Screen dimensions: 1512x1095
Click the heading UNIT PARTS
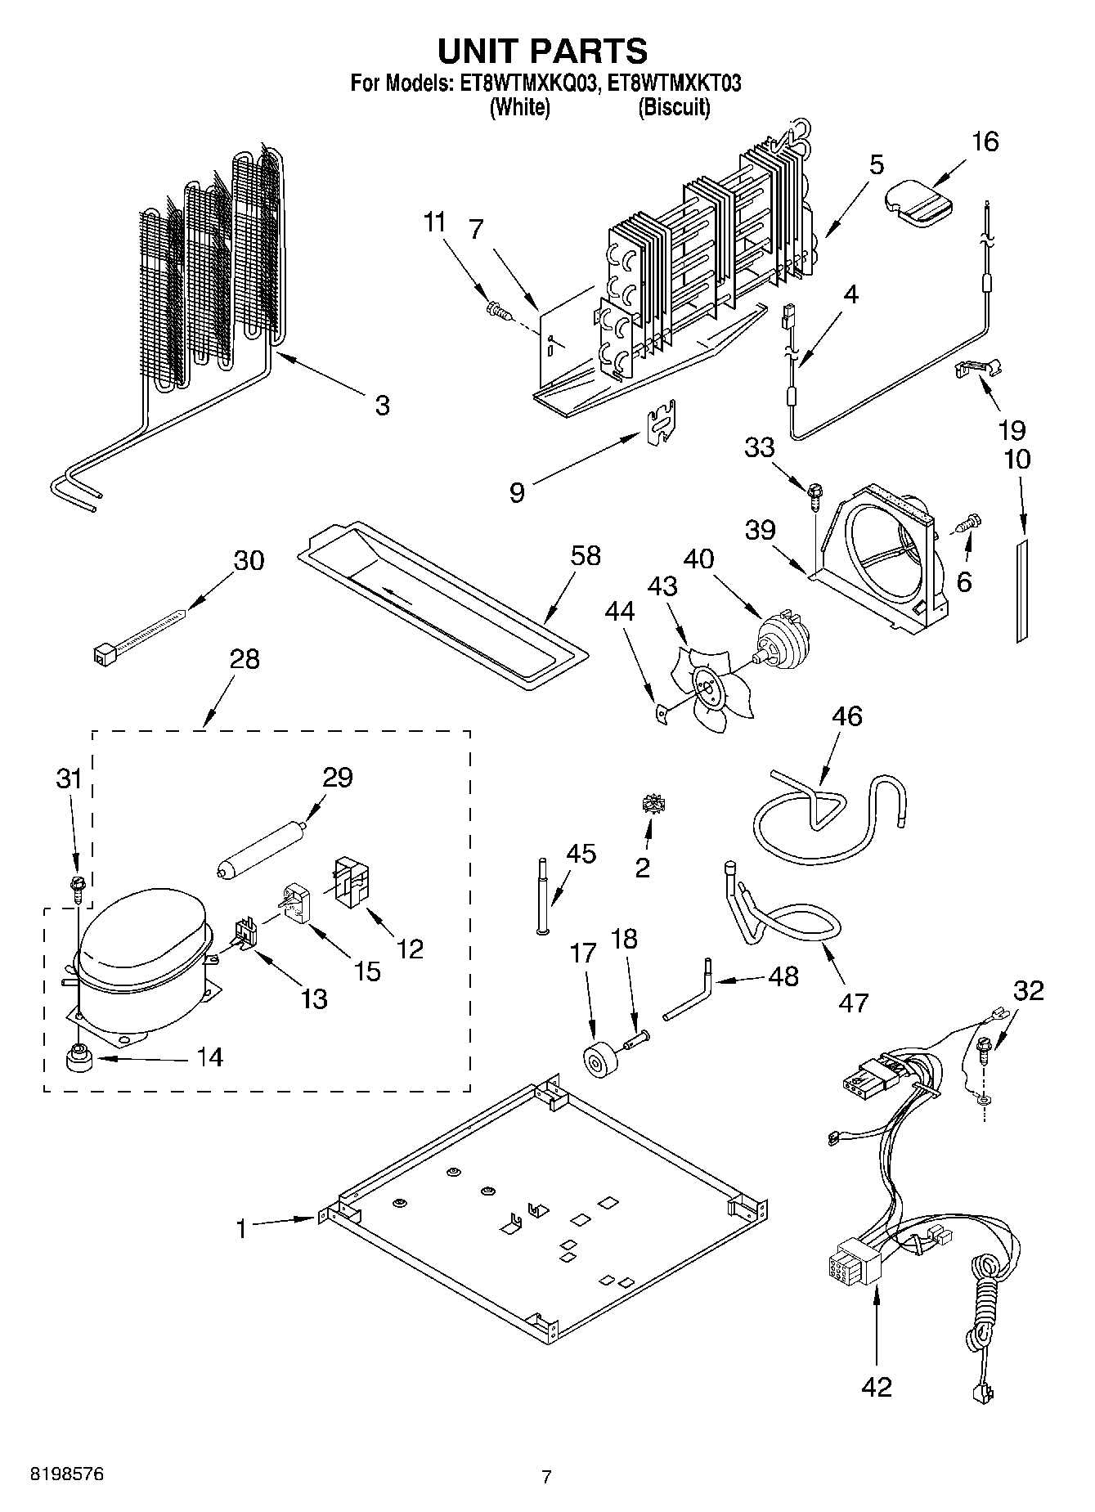point(542,51)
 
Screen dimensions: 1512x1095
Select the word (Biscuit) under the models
point(673,106)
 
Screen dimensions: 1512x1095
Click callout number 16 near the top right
point(985,141)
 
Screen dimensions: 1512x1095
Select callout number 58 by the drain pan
point(586,556)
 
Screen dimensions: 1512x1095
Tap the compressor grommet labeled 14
point(79,1060)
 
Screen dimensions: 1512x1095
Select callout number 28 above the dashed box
point(245,659)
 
